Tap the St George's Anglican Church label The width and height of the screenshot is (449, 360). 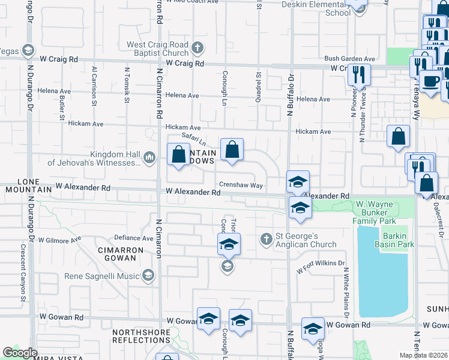[306, 240]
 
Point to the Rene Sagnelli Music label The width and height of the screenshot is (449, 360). [101, 276]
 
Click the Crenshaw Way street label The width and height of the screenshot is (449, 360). [241, 185]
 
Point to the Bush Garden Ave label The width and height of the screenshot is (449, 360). [349, 59]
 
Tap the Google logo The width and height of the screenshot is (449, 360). [20, 353]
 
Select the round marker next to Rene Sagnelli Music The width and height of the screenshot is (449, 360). [148, 275]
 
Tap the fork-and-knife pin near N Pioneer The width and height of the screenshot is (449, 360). [359, 74]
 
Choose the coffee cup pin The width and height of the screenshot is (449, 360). [430, 81]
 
